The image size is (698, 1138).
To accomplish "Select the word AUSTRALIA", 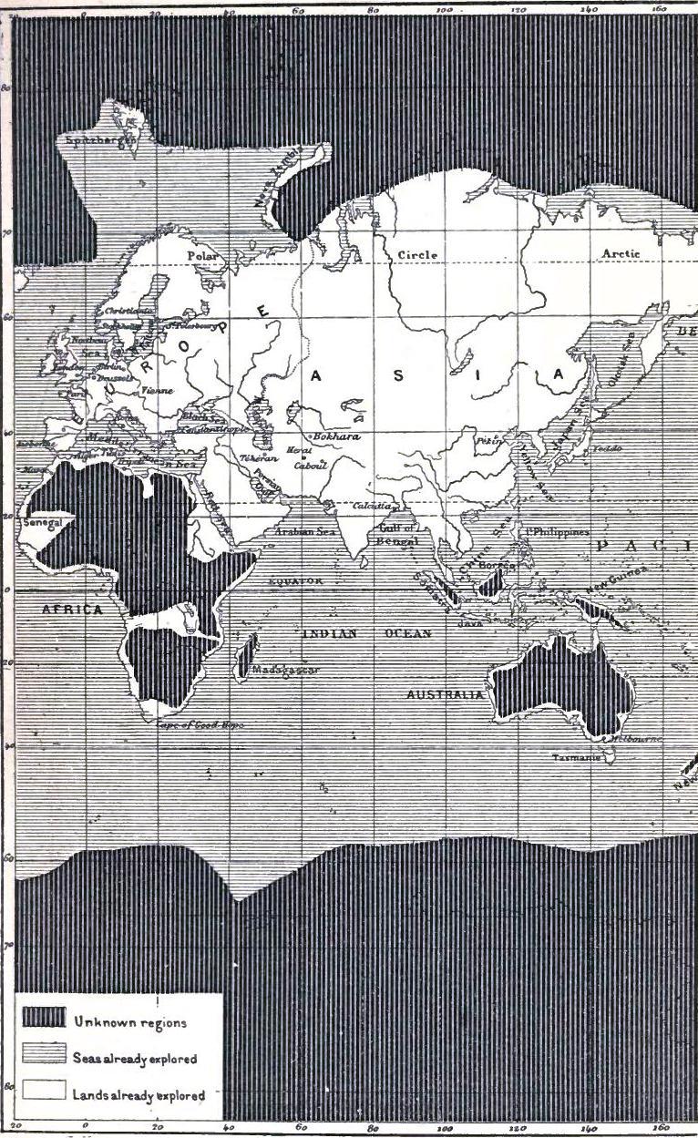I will click(x=446, y=694).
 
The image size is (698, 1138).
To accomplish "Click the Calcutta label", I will click(x=372, y=506).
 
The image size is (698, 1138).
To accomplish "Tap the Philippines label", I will click(x=558, y=531).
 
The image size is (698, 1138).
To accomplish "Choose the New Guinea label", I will click(x=618, y=578).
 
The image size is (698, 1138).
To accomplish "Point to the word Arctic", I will click(x=621, y=253).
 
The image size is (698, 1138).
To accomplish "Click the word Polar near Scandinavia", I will click(x=202, y=257).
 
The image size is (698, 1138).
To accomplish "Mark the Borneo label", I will click(x=497, y=566).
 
